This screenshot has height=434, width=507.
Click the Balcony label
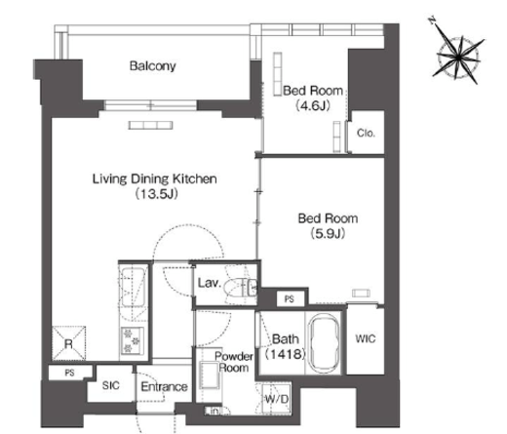153,66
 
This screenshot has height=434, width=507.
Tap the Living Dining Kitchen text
155,178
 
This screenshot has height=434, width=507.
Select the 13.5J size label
156,194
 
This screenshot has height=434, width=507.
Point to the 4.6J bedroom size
313,105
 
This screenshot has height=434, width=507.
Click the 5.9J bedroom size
328,233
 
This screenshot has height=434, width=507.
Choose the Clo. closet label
366,133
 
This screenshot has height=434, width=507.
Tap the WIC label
366,338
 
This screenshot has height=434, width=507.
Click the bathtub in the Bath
324,342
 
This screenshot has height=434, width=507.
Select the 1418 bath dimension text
286,354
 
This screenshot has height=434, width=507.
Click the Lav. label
210,283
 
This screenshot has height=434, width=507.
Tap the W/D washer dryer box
276,399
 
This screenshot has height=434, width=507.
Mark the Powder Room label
234,362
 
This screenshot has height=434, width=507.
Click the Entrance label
164,386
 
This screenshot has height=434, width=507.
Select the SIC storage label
111,385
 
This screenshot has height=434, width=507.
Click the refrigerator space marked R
68,343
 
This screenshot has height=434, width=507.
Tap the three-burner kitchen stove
133,340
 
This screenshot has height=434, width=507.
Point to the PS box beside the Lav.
290,298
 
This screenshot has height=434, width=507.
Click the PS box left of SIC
70,373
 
